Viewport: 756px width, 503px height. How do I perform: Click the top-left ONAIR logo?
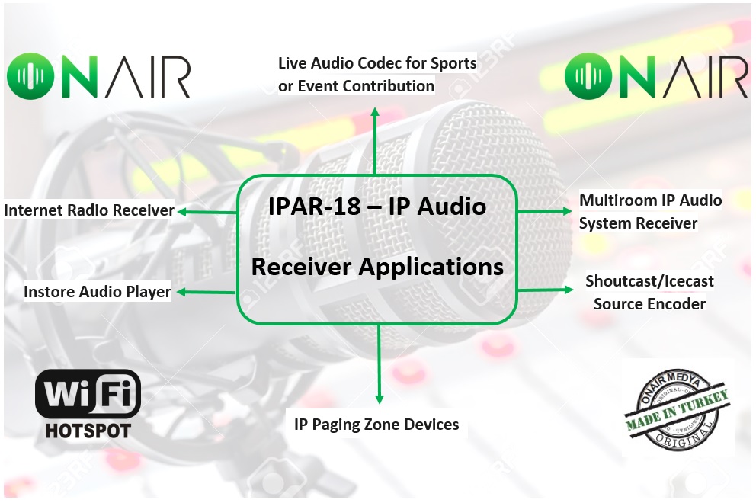pos(98,76)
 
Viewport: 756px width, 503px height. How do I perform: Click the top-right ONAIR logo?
pos(656,76)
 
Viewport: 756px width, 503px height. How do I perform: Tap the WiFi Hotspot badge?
pos(88,404)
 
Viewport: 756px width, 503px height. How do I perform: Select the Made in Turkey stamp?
pos(677,411)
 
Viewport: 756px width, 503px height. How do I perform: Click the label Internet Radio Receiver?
pos(88,210)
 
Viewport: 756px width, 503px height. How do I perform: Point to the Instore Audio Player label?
pos(98,292)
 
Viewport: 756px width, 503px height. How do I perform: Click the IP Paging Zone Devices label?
pos(376,425)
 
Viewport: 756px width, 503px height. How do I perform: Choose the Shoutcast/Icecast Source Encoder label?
pos(649,292)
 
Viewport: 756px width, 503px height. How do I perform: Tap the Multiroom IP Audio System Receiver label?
pos(650,212)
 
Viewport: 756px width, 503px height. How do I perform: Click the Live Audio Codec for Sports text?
pos(377,63)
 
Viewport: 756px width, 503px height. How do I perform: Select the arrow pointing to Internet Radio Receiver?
pos(207,212)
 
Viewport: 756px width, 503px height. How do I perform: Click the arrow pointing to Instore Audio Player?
pos(207,292)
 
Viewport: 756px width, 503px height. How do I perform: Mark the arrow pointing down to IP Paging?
pos(379,364)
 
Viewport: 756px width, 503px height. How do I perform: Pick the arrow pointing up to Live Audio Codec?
pos(375,141)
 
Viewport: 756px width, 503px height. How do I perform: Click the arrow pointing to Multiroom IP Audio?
pos(545,211)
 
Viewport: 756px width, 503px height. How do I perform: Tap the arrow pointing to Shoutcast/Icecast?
pos(546,290)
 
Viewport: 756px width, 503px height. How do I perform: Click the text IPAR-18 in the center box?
pos(314,207)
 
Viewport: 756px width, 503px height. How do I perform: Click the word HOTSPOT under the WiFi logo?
pos(88,431)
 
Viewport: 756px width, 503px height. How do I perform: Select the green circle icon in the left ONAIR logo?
pos(30,76)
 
